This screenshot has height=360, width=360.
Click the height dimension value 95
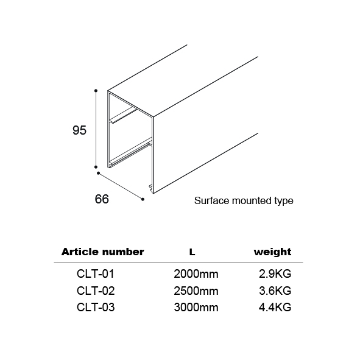79,130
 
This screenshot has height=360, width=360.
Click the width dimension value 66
102,199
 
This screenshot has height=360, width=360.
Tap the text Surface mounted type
244,200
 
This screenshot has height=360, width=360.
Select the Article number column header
102,252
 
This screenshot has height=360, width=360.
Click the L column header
192,252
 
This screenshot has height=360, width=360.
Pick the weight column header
272,252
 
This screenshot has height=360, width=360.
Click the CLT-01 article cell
96,274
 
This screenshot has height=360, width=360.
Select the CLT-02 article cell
96,291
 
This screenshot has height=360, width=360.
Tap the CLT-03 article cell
96,307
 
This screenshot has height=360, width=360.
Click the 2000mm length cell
196,274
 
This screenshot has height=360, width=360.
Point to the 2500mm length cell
196,291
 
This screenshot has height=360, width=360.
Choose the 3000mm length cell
196,307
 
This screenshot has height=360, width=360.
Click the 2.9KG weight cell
275,274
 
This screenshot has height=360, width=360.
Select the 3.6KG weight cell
275,291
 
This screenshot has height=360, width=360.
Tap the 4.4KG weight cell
275,307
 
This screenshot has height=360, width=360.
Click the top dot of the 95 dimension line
96,91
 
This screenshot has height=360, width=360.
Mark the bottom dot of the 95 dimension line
96,167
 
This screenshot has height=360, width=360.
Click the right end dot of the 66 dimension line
143,199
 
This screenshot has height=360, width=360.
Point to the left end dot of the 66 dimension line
99,173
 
